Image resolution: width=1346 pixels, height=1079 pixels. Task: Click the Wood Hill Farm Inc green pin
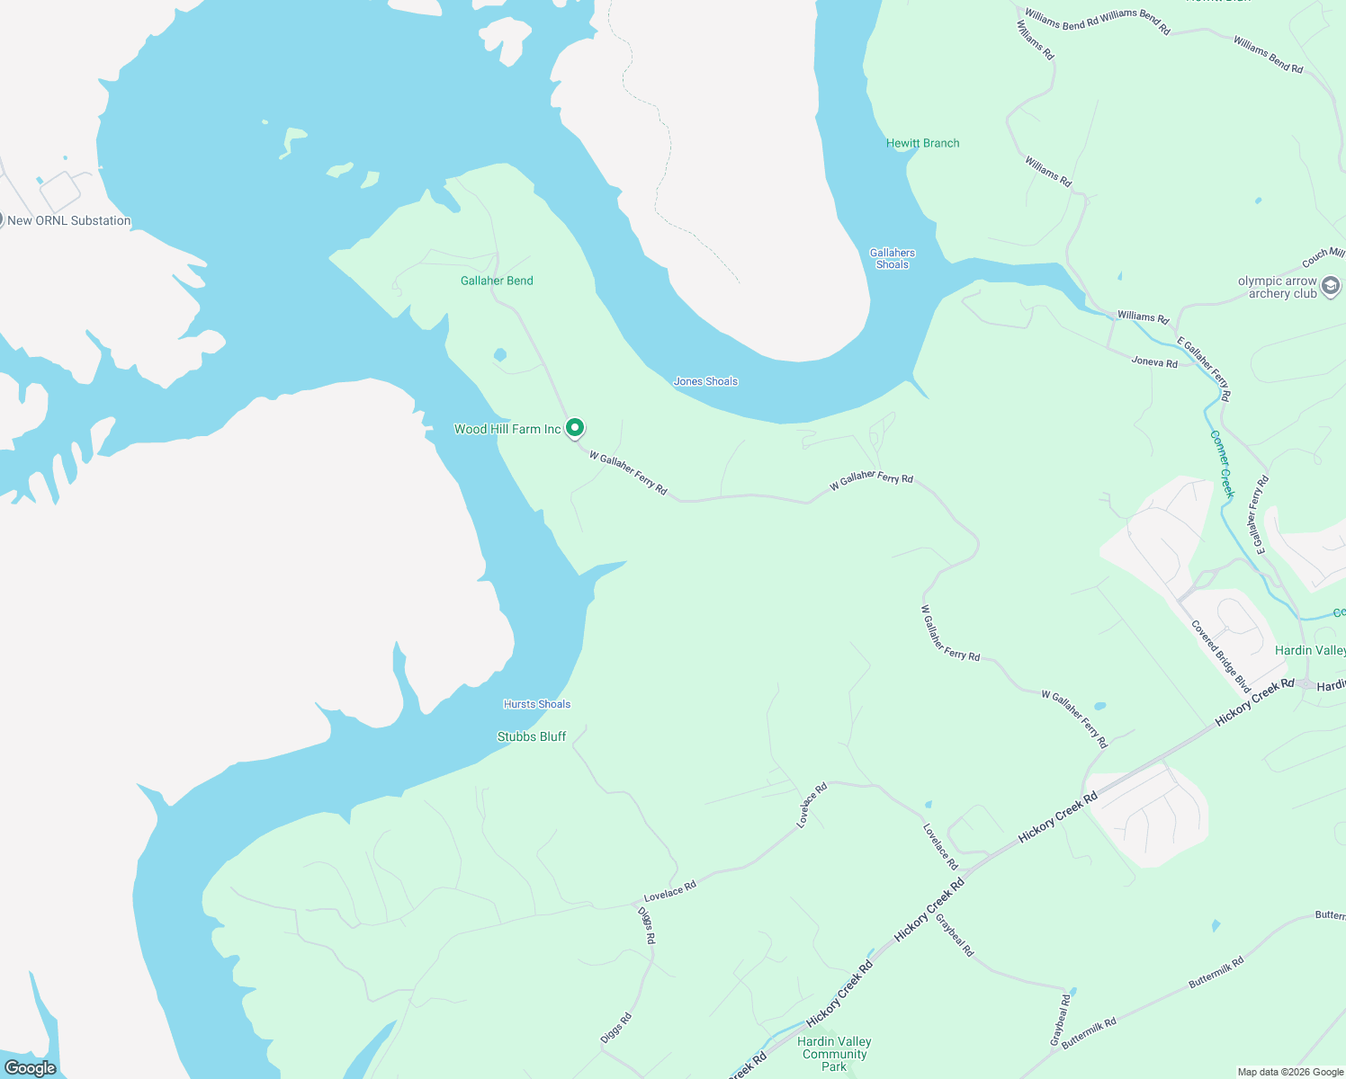(x=575, y=428)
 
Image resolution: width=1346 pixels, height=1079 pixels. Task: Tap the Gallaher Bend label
(x=497, y=281)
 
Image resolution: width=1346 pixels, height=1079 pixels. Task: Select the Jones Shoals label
(x=705, y=381)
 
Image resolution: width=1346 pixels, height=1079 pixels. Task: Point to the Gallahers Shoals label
(x=893, y=259)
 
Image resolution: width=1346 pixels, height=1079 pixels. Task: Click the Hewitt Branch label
(x=922, y=143)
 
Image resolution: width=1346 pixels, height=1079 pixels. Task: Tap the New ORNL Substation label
(x=69, y=220)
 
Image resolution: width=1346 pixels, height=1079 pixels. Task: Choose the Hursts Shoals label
(x=537, y=704)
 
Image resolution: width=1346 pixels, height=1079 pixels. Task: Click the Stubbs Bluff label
(x=532, y=736)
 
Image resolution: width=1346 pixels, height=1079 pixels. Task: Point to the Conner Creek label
(x=1221, y=464)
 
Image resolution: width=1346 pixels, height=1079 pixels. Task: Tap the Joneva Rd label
(x=1154, y=362)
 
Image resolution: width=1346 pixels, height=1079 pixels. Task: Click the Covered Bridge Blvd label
(x=1221, y=655)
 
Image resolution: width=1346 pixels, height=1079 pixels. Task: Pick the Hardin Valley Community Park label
(x=834, y=1054)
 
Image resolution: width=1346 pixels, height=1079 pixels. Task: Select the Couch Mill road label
(x=1324, y=258)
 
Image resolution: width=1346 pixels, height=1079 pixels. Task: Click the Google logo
(x=31, y=1068)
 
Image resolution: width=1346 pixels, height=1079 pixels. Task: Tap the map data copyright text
(x=1290, y=1072)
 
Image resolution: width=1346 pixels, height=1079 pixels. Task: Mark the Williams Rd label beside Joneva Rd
(x=1143, y=317)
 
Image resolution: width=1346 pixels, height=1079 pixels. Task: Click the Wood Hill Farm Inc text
(x=507, y=429)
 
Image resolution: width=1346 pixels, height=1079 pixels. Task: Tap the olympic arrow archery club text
(x=1278, y=287)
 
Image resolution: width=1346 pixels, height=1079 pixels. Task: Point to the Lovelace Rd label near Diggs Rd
(x=670, y=891)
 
